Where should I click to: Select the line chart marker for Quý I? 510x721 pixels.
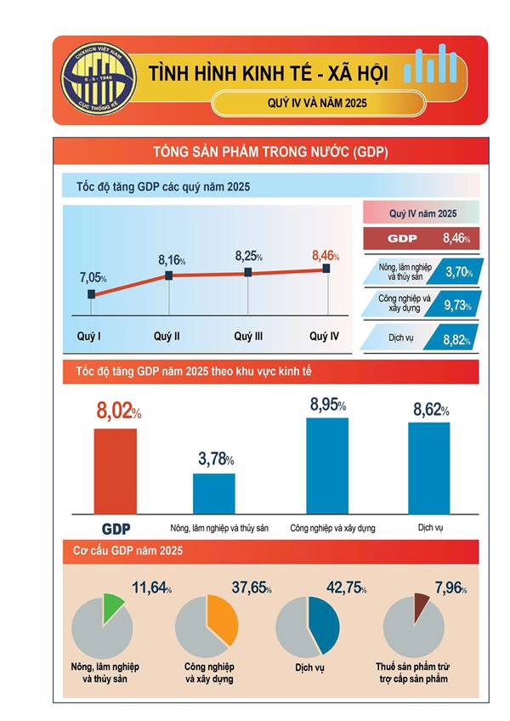(x=92, y=294)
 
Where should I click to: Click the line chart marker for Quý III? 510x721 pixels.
(x=248, y=272)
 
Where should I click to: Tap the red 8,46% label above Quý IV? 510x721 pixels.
(x=326, y=255)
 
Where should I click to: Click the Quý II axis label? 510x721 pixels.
(x=167, y=337)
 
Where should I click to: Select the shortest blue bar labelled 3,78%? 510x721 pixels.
(x=214, y=493)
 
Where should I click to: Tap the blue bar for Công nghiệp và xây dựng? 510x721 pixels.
(x=327, y=465)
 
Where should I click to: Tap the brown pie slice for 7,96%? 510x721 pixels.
(x=421, y=605)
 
